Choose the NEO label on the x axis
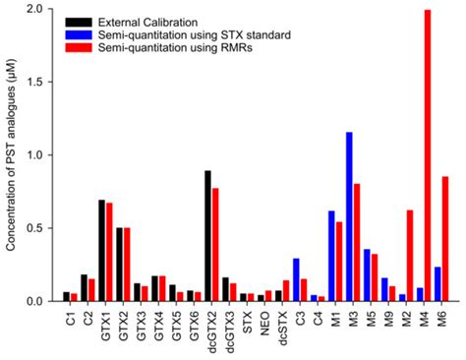click(263, 320)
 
